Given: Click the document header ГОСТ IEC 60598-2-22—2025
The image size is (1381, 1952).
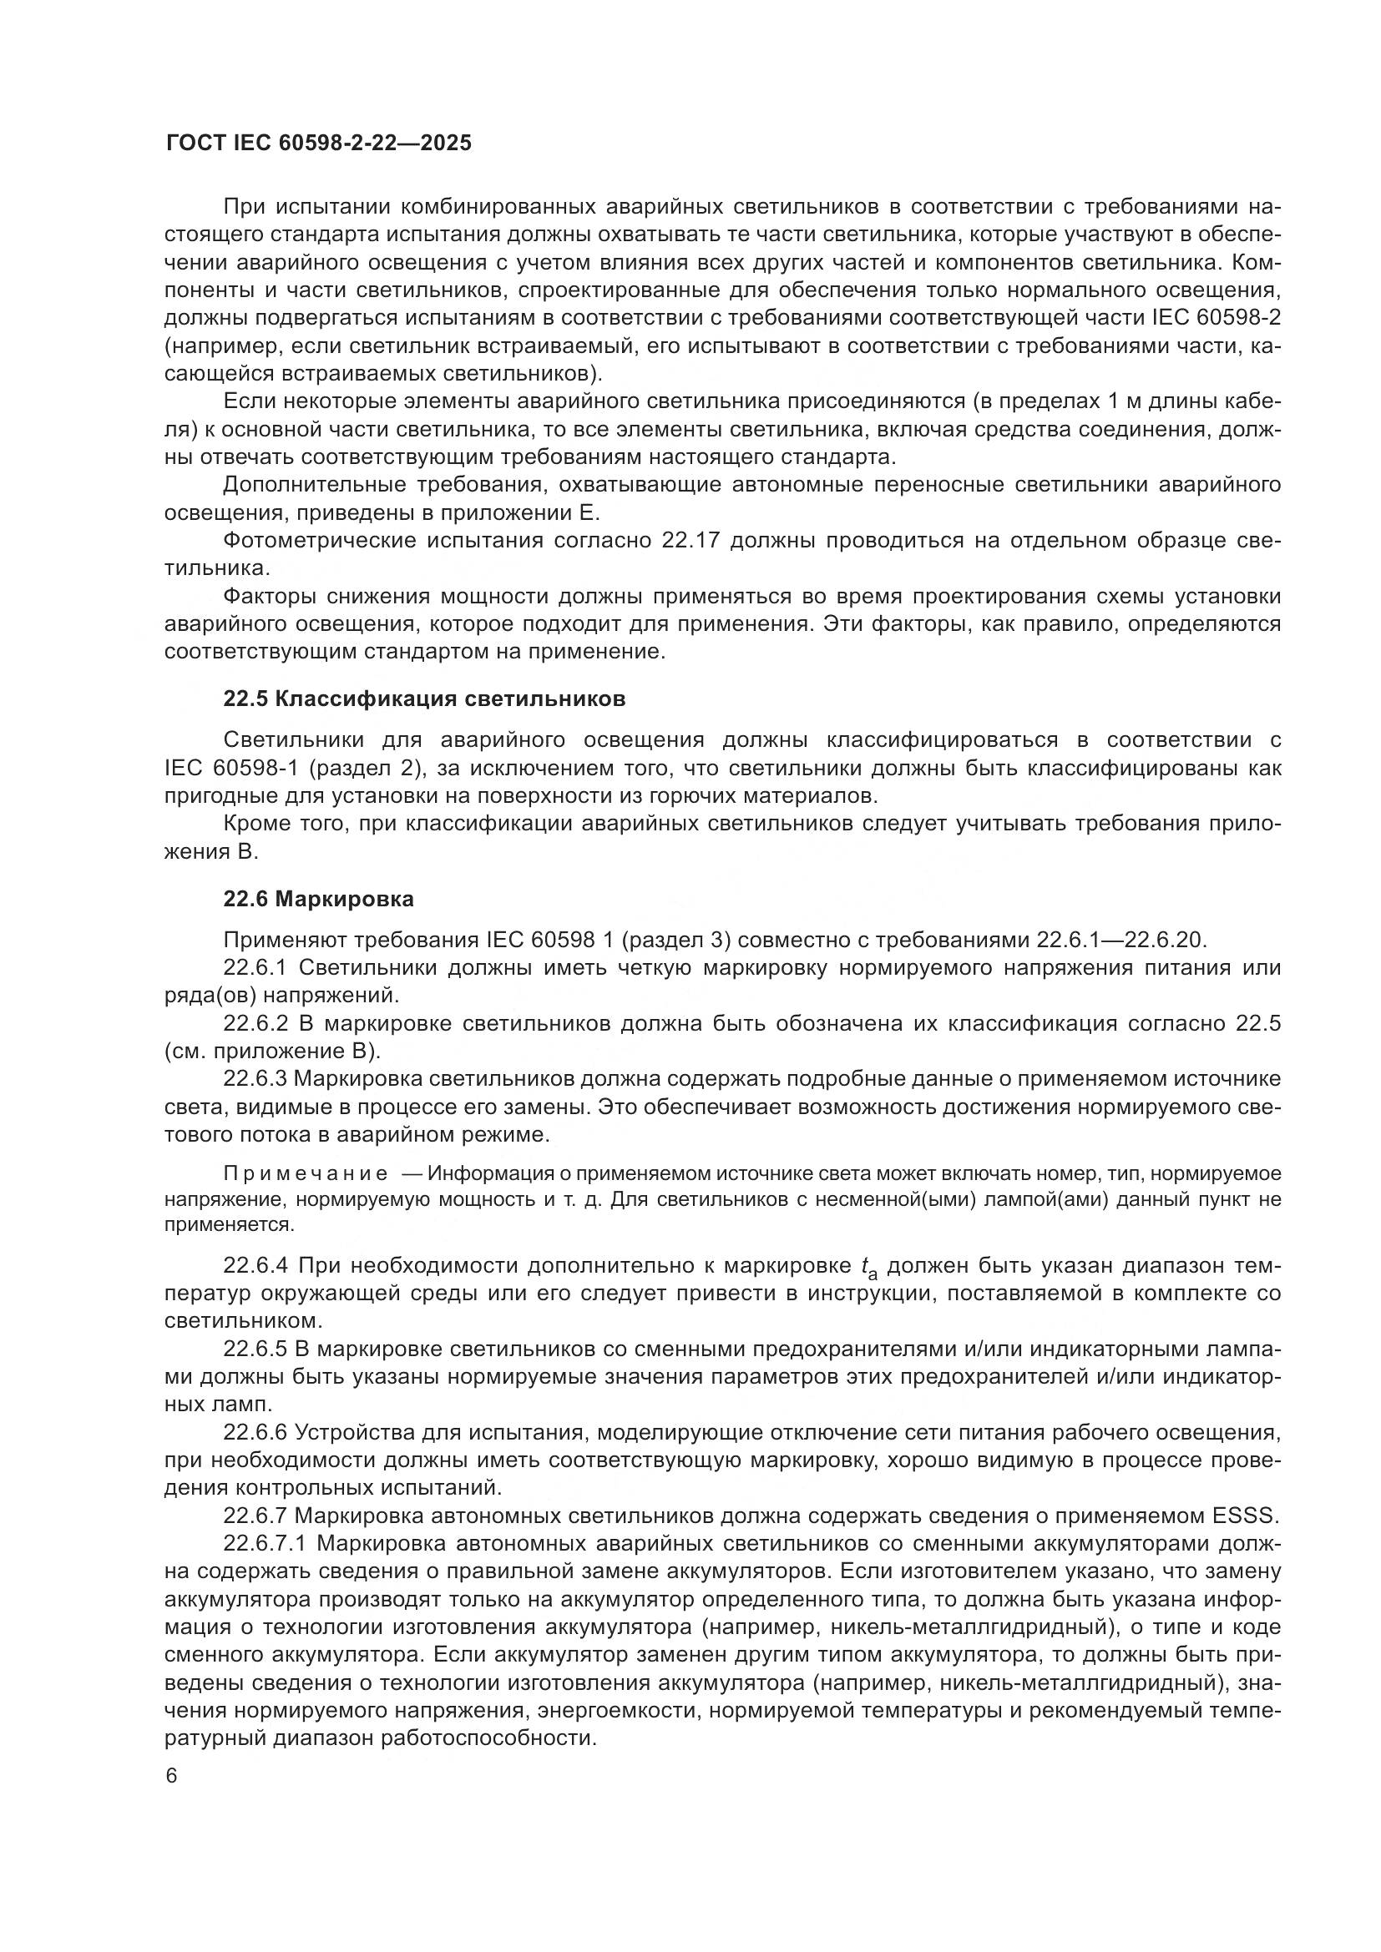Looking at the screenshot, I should [x=318, y=144].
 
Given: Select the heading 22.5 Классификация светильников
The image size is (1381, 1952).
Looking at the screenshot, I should [x=424, y=699].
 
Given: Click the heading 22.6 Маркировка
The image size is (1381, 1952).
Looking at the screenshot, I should [x=318, y=899].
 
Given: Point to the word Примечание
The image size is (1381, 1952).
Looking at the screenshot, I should [x=306, y=1174].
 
